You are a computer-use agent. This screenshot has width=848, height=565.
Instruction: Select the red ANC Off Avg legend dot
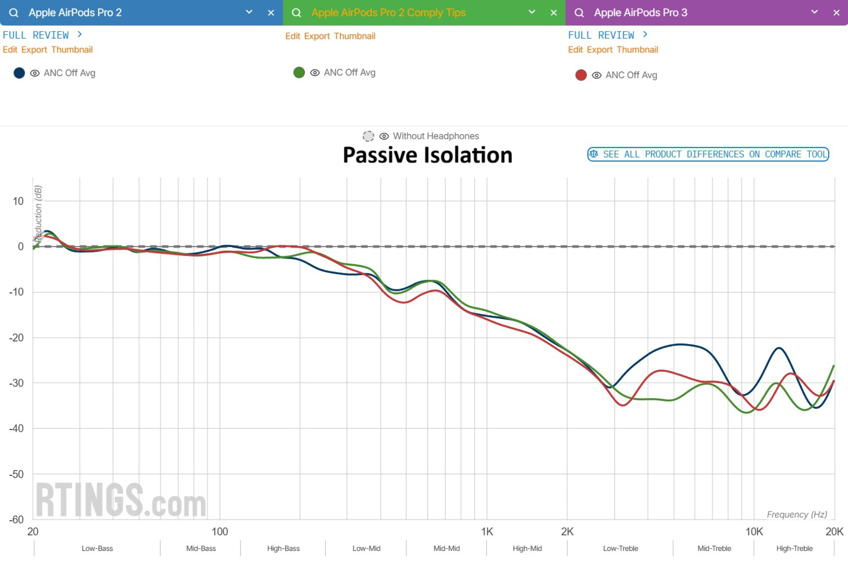(x=581, y=75)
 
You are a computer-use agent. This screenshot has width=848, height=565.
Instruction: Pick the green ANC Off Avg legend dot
(x=299, y=72)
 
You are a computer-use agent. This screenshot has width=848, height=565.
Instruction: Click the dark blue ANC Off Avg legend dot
(x=19, y=73)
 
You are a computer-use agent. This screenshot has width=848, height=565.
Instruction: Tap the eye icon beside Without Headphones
(x=384, y=136)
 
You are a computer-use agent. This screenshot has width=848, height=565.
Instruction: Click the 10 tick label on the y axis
(x=18, y=201)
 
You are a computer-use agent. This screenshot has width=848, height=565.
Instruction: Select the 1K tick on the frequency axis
(x=487, y=531)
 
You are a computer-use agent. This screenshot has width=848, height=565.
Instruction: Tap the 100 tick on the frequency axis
(x=220, y=531)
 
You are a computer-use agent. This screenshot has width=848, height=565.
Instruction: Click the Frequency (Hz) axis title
(x=797, y=514)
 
